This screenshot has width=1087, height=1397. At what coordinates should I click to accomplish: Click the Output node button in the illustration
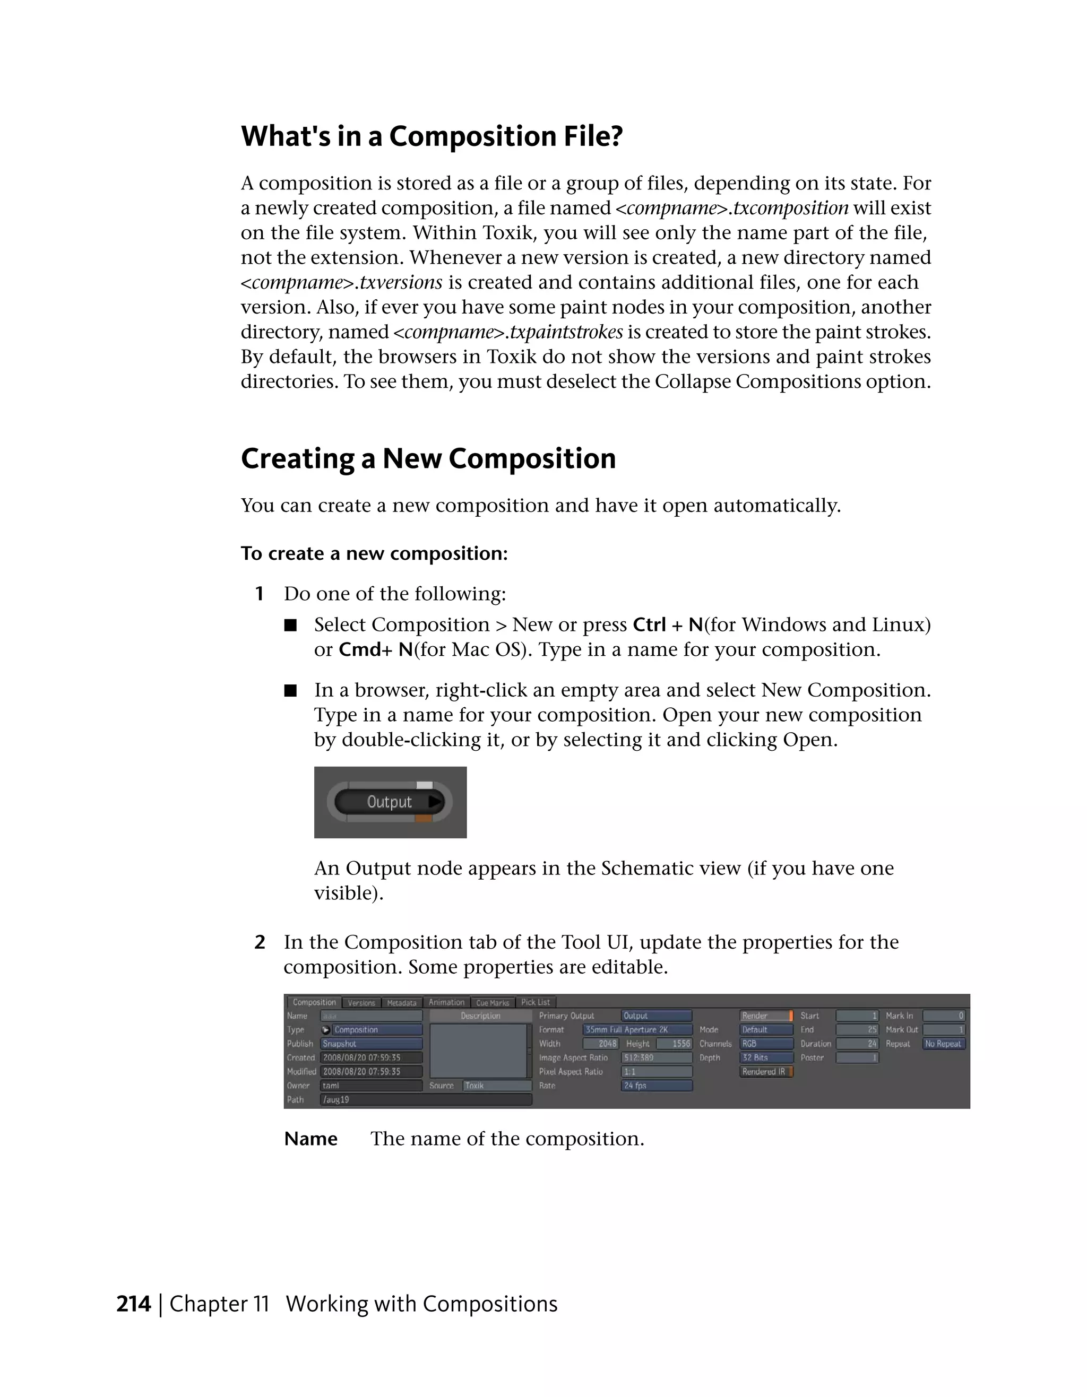[389, 802]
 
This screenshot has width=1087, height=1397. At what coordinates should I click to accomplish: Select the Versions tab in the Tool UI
[361, 1002]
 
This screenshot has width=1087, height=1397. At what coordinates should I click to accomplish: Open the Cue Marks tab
[492, 1002]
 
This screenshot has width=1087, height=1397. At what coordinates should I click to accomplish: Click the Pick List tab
[535, 1002]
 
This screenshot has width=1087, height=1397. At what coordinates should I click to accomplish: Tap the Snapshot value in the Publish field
[370, 1043]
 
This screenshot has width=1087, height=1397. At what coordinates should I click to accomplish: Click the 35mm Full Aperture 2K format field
[637, 1029]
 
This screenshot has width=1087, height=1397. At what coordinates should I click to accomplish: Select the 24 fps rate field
[656, 1086]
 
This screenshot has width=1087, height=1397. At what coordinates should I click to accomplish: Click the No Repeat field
[943, 1043]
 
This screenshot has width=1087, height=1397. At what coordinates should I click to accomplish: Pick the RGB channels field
[766, 1043]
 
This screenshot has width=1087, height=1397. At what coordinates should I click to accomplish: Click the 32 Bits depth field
[766, 1057]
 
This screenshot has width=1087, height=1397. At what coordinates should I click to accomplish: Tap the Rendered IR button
[766, 1071]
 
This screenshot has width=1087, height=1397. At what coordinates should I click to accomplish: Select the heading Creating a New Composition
[428, 458]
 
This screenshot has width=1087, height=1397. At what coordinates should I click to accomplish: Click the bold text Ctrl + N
[667, 624]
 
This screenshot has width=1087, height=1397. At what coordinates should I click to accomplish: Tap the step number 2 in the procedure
[260, 942]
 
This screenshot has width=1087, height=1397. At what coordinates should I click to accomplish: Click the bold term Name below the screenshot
[310, 1139]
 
